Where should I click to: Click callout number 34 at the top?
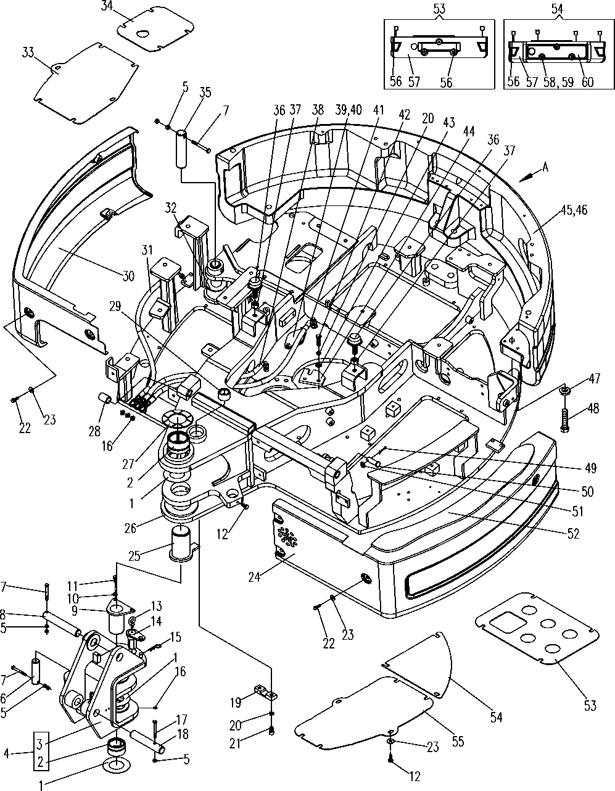pyautogui.click(x=107, y=6)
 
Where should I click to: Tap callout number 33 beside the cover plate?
pyautogui.click(x=28, y=52)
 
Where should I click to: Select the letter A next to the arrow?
pyautogui.click(x=545, y=167)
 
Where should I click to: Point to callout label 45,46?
pyautogui.click(x=573, y=210)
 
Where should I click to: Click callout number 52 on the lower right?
pyautogui.click(x=573, y=534)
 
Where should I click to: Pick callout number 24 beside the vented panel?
pyautogui.click(x=254, y=577)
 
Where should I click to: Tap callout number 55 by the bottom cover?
pyautogui.click(x=458, y=742)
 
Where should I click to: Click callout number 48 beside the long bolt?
pyautogui.click(x=593, y=408)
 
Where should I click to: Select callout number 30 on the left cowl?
pyautogui.click(x=128, y=276)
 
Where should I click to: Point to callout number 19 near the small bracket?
pyautogui.click(x=236, y=702)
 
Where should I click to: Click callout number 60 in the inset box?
pyautogui.click(x=587, y=81)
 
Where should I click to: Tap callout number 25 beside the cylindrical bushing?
pyautogui.click(x=134, y=557)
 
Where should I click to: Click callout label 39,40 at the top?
pyautogui.click(x=349, y=110)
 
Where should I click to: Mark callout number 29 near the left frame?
pyautogui.click(x=115, y=307)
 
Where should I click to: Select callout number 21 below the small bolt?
pyautogui.click(x=235, y=743)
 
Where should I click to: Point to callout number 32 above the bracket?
pyautogui.click(x=171, y=208)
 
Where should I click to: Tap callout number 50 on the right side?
pyautogui.click(x=587, y=491)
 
